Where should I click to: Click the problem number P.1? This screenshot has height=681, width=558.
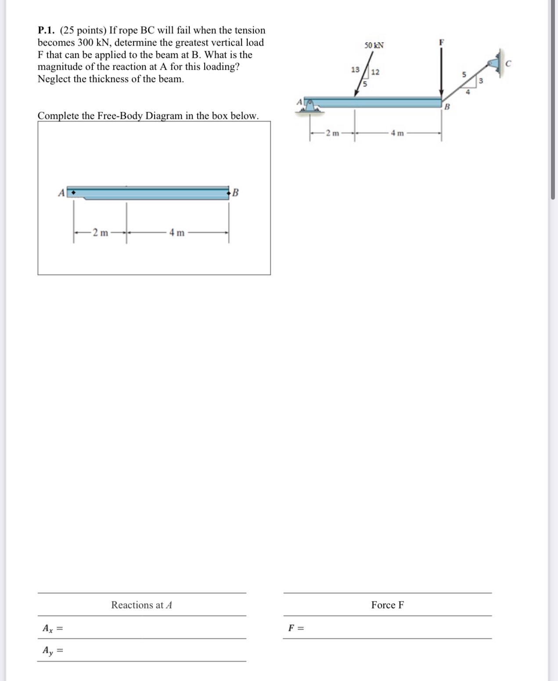click(x=46, y=30)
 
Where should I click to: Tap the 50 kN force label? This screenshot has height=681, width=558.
click(x=374, y=45)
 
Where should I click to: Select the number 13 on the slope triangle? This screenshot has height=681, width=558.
click(x=355, y=69)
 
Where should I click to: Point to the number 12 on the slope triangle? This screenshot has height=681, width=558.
click(x=375, y=72)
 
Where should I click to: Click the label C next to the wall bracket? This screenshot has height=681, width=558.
click(x=508, y=64)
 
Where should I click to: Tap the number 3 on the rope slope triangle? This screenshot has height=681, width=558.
click(x=480, y=81)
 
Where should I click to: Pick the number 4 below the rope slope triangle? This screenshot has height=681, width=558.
click(x=468, y=92)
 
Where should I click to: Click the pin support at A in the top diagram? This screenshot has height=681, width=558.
click(x=310, y=106)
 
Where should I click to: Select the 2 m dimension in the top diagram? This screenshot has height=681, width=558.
click(x=332, y=133)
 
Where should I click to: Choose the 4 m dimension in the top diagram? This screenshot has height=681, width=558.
click(x=397, y=133)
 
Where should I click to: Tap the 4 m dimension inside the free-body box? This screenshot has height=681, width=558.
click(x=177, y=233)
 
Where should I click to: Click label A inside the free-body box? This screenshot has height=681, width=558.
click(x=61, y=193)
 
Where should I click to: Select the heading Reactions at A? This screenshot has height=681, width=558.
click(x=141, y=605)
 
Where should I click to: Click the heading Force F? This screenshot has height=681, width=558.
click(x=387, y=605)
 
